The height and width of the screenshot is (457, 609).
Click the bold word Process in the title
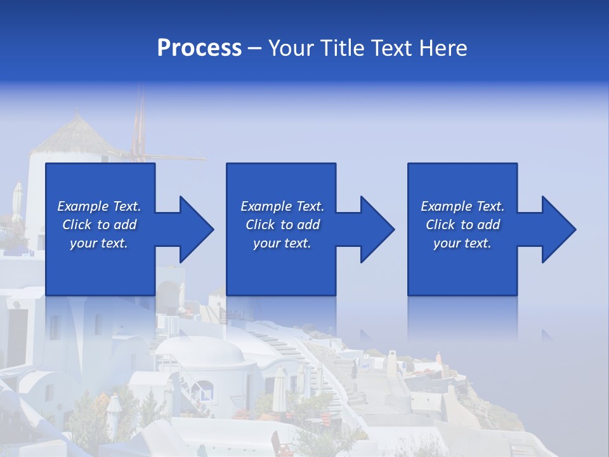(x=199, y=48)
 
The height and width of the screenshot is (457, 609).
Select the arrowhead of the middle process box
(x=377, y=229)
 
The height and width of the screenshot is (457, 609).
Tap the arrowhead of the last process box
(x=558, y=229)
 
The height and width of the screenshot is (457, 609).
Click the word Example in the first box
(x=82, y=206)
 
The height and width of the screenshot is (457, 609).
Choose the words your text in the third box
(x=462, y=243)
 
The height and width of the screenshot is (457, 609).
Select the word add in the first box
(x=126, y=225)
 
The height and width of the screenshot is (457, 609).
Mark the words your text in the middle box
(x=282, y=243)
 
